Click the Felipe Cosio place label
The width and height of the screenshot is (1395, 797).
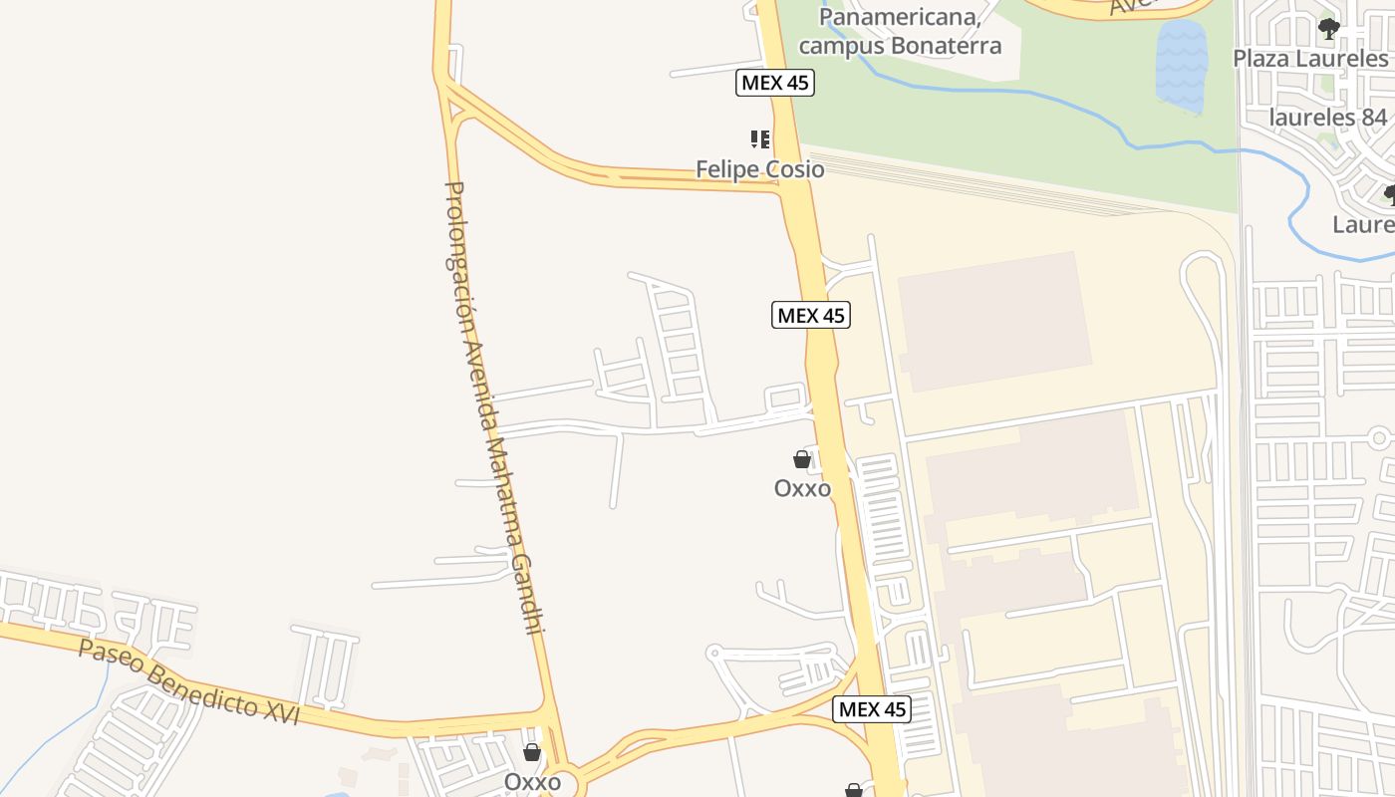point(759,169)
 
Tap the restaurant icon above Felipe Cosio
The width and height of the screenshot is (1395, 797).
point(759,139)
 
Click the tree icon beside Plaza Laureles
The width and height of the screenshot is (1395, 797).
point(1328,29)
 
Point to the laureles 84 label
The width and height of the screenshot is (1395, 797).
point(1328,118)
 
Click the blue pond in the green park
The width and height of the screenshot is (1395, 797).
point(1181,65)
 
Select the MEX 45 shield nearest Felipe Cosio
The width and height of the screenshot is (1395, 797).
point(775,83)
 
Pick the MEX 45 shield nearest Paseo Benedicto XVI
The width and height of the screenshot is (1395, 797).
point(872,709)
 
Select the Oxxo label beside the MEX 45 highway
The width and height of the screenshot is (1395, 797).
point(802,488)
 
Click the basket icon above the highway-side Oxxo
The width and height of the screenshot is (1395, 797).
point(802,459)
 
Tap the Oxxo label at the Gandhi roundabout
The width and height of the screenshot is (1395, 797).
point(532,782)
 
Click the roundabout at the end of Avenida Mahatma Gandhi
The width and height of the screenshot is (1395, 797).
point(561,783)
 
